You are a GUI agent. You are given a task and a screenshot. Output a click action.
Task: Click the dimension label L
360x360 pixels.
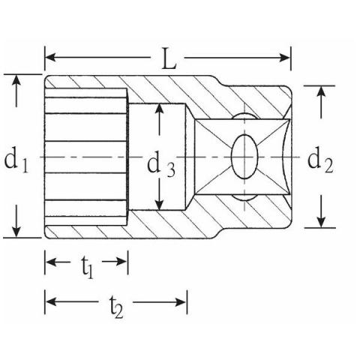[x=169, y=59]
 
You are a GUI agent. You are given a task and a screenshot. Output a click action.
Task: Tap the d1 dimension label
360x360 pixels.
[x=16, y=160]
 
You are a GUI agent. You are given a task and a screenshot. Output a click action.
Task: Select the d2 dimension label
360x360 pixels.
[x=320, y=160]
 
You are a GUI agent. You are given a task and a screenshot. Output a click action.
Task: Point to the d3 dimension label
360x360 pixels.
[x=161, y=165]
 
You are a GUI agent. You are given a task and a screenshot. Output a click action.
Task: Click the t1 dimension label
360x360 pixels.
[x=87, y=267]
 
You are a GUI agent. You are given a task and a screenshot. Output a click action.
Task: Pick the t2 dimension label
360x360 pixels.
[x=116, y=307]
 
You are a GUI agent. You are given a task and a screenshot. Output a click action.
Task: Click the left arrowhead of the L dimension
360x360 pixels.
[x=51, y=58]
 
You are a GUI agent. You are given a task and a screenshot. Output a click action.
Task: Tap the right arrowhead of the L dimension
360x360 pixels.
[x=284, y=58]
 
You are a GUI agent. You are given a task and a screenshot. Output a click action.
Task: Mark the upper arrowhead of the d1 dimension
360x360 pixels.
[x=16, y=80]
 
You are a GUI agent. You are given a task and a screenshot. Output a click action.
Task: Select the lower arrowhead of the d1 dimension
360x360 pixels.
[x=16, y=232]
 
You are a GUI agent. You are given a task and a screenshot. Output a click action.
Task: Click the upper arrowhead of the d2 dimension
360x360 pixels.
[x=321, y=91]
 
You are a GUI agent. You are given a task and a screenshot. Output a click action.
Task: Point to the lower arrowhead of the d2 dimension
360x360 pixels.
[x=321, y=222]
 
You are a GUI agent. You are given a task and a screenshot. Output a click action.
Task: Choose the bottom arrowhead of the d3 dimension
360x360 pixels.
[x=159, y=205]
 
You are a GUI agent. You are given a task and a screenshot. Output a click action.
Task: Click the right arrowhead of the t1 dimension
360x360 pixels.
[x=121, y=262]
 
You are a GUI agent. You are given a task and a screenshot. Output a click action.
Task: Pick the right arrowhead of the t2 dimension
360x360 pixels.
[x=181, y=302]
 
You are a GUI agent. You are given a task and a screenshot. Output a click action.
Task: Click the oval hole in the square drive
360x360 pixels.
[x=244, y=157]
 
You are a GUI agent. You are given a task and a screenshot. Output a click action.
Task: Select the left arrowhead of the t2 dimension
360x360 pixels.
[x=51, y=301]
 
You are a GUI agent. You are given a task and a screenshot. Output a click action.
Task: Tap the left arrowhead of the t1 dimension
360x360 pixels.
[x=51, y=262]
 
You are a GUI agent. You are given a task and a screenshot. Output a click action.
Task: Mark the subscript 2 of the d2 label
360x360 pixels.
[x=328, y=166]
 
